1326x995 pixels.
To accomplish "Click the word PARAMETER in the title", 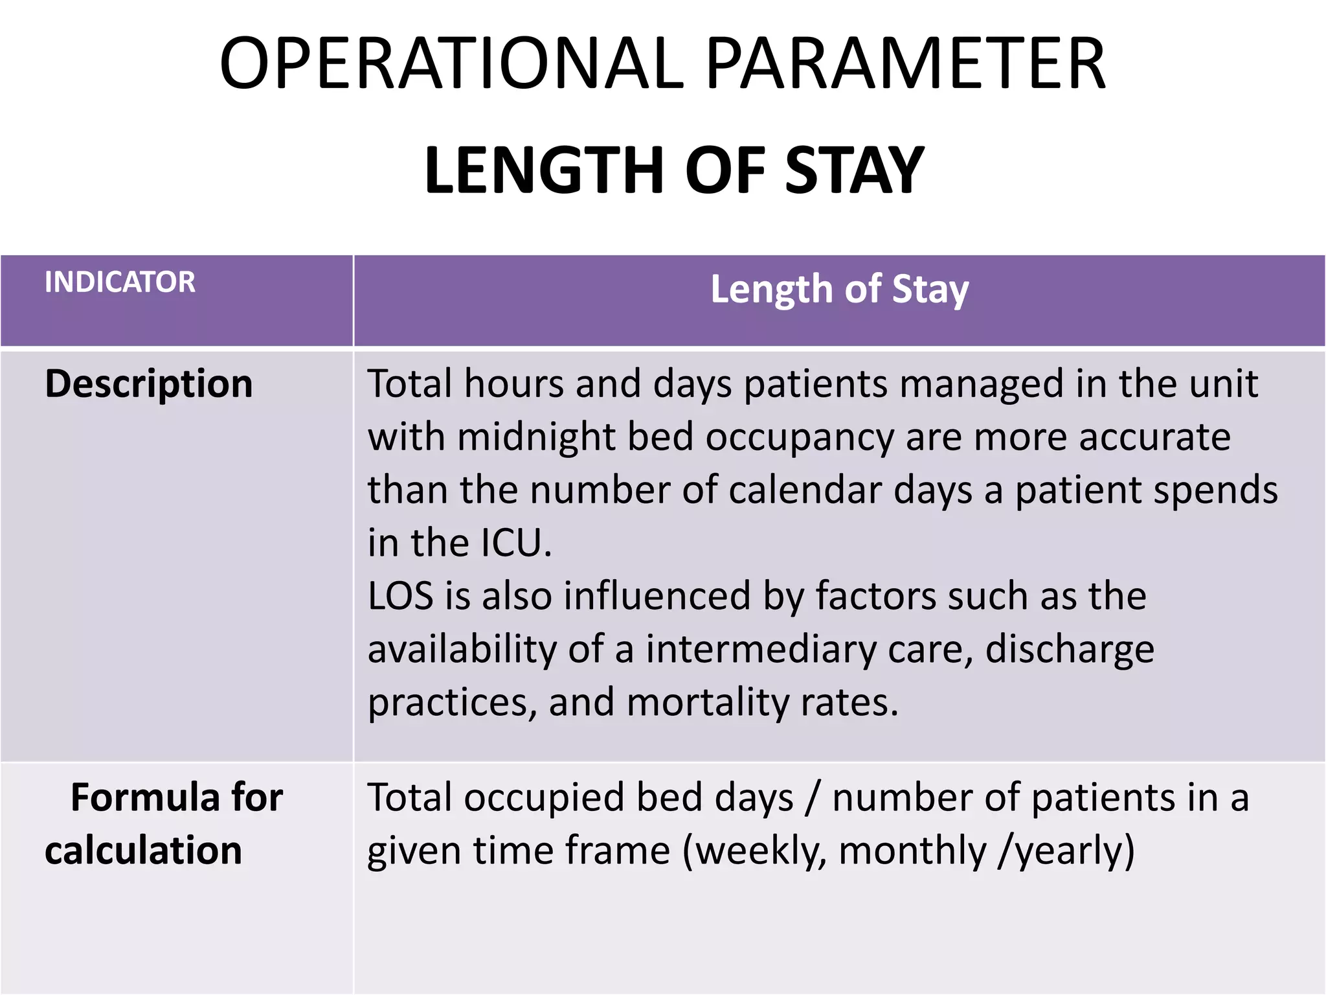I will point(905,63).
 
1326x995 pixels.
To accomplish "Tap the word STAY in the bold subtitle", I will point(854,170).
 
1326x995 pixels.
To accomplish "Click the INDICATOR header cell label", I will point(120,282).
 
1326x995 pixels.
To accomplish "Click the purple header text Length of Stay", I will point(839,289).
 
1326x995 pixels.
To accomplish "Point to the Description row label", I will point(148,383).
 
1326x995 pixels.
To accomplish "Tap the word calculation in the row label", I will point(143,850).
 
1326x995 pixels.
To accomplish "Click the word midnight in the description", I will point(536,437).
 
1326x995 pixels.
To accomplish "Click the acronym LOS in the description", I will point(400,596).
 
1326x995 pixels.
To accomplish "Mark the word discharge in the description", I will point(1069,649).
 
